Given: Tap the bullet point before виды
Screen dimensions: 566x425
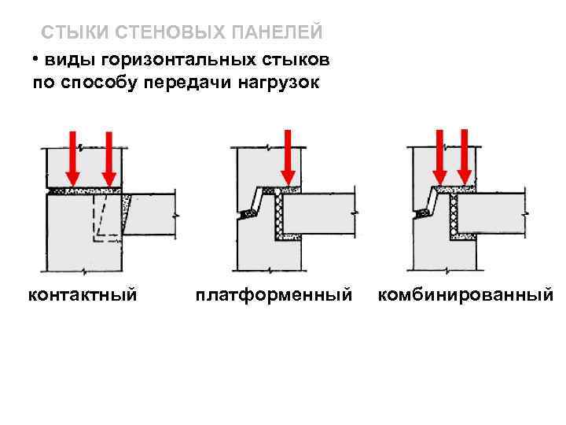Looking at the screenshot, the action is point(35,60).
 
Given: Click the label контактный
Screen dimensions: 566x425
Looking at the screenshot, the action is point(83,295).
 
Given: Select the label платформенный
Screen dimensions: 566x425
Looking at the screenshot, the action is point(274,295).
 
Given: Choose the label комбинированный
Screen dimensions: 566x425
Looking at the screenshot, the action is point(465,295).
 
